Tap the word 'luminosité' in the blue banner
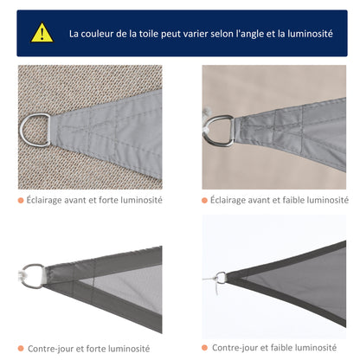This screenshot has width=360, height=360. click(305, 34)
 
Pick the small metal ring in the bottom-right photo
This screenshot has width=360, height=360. click(221, 278)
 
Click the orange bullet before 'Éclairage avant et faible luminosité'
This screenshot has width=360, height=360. click(206, 201)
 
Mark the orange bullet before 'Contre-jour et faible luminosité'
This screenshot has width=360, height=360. click(206, 348)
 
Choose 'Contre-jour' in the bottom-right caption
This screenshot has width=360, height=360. click(235, 348)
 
